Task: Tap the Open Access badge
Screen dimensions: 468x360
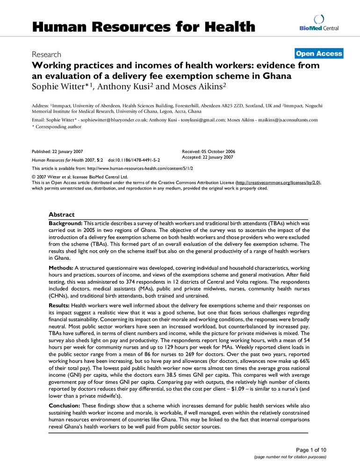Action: click(x=319, y=54)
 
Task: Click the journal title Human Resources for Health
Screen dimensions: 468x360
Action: click(x=144, y=26)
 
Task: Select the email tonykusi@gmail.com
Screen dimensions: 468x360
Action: click(x=217, y=120)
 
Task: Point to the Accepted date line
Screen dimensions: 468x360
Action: click(x=208, y=157)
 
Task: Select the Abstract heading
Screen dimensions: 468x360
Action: click(x=62, y=215)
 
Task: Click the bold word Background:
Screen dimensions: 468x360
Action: click(x=65, y=224)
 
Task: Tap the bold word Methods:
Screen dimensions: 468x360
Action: click(x=61, y=267)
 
